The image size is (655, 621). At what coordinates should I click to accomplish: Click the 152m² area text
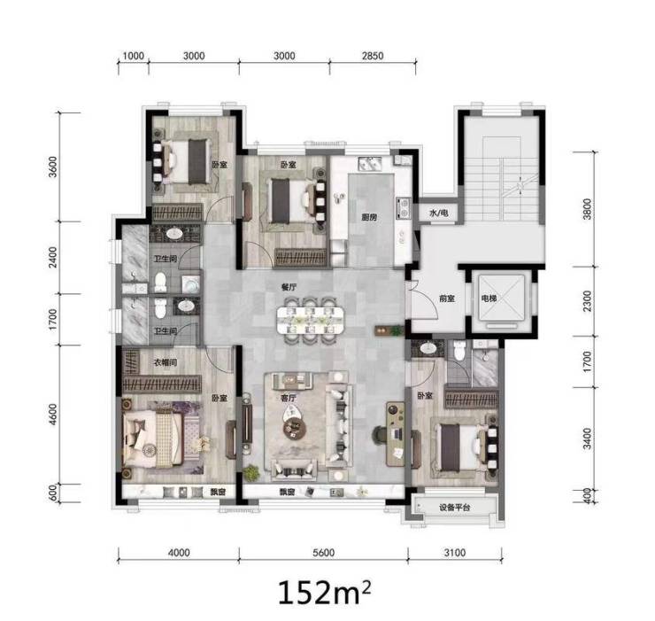[324, 592]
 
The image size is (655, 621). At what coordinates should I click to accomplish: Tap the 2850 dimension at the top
[373, 56]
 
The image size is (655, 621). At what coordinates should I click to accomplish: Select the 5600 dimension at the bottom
[323, 553]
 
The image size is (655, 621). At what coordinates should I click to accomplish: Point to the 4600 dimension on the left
[52, 414]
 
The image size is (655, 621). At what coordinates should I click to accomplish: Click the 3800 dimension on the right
[588, 209]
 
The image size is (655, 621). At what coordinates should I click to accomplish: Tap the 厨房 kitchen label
[369, 217]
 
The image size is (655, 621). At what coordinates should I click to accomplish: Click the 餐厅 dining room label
[289, 287]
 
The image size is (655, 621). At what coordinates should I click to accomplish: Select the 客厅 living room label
[289, 398]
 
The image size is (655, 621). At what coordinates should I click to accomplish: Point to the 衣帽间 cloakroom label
[166, 362]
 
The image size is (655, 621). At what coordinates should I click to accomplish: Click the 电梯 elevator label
[489, 299]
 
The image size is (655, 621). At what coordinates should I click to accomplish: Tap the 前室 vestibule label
[447, 299]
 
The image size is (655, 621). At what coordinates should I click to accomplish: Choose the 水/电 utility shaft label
[439, 213]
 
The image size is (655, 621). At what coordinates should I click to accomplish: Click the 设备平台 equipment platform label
[454, 508]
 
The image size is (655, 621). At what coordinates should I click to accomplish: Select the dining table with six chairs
[311, 321]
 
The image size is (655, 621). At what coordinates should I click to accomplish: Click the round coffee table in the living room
[295, 427]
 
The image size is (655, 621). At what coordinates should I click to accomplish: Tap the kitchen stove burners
[404, 208]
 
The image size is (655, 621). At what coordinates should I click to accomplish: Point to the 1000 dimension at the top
[134, 56]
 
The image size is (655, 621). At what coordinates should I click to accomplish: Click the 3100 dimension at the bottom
[454, 553]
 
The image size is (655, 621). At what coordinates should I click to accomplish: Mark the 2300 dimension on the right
[588, 300]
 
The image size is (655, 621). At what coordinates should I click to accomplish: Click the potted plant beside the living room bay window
[251, 473]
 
